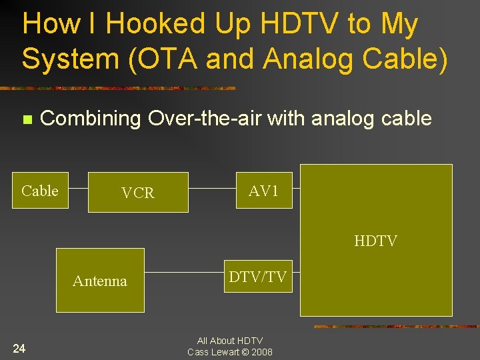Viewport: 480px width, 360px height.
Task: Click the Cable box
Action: (x=40, y=191)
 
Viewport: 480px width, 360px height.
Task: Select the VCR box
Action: (x=138, y=193)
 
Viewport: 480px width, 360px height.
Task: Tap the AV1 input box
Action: (x=264, y=191)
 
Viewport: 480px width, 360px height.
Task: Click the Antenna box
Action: (x=100, y=281)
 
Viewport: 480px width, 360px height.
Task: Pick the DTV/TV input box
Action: (x=257, y=277)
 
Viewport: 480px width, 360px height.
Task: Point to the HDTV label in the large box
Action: (x=375, y=241)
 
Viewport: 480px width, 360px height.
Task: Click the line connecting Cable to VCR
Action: (x=78, y=189)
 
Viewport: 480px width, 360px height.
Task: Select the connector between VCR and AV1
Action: (x=212, y=189)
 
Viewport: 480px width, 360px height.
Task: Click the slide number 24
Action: (x=19, y=348)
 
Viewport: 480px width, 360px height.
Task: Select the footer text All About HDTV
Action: (x=230, y=341)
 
